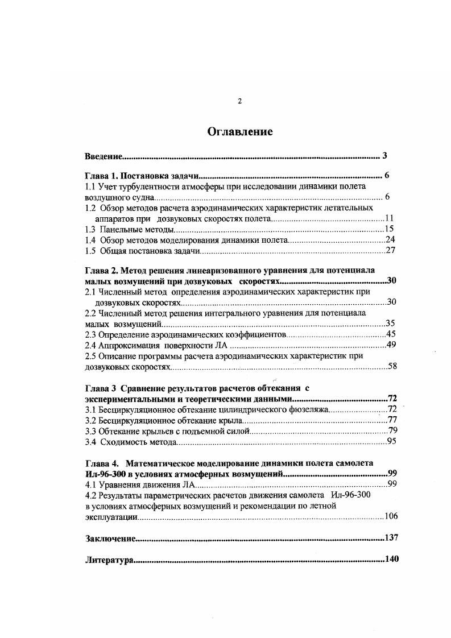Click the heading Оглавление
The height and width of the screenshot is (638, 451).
pos(239,132)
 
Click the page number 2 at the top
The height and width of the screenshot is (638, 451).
pos(239,101)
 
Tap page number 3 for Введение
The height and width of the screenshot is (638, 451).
pos(385,156)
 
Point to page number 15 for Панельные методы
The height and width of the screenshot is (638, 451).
pos(390,229)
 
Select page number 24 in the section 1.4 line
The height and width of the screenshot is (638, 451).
pos(390,240)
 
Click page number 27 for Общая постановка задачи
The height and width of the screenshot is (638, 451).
pos(390,251)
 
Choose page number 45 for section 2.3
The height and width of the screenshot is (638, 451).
pos(390,334)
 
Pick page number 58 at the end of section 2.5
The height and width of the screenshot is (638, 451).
pos(392,367)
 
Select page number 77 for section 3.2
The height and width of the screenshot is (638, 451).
pos(392,420)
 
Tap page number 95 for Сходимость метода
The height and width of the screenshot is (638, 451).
pos(391,441)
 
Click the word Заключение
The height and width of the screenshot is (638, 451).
pos(110,538)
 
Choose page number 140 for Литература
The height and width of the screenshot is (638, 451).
pos(392,560)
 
